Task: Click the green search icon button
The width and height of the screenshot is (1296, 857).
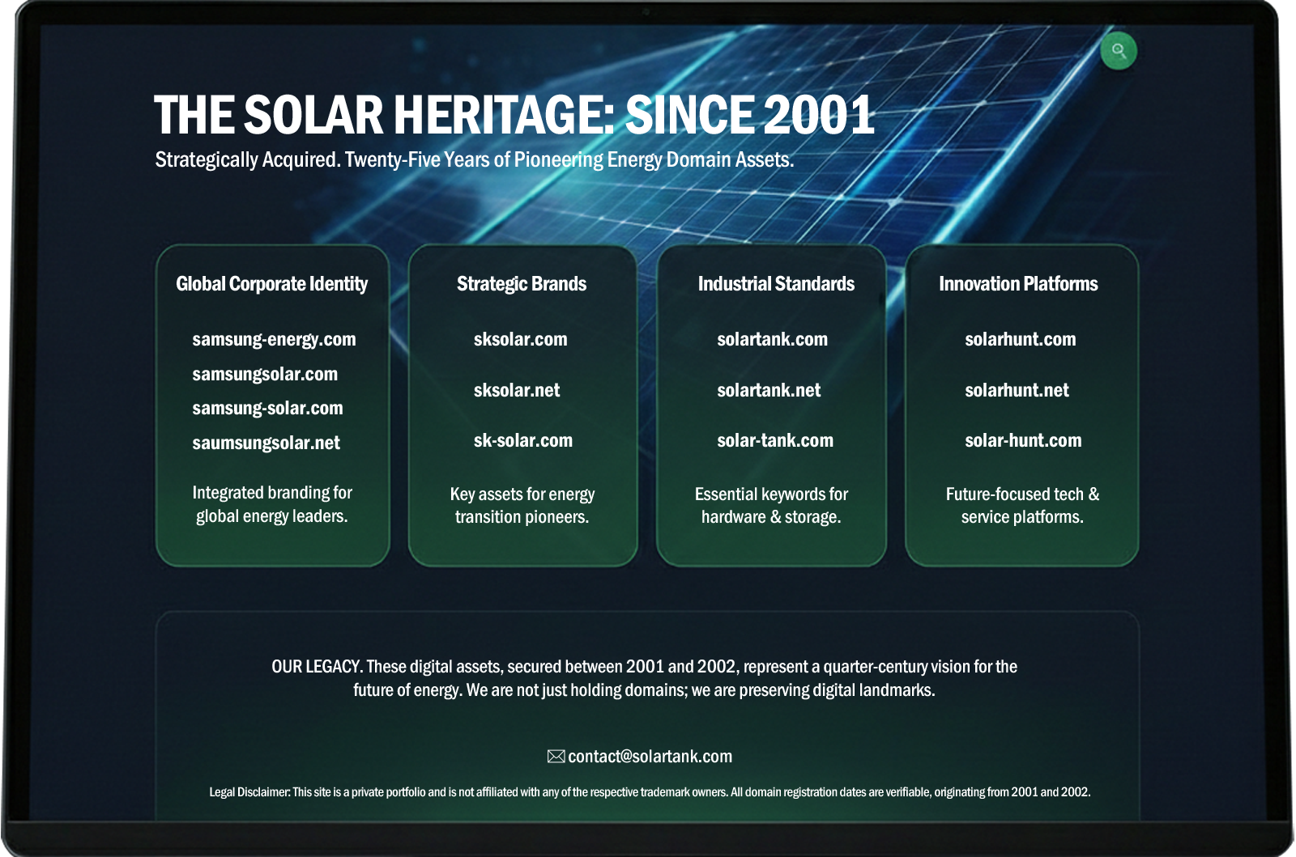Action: coord(1119,51)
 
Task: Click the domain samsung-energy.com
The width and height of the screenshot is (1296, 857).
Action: coord(274,339)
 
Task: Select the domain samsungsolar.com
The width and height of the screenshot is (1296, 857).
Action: coord(265,374)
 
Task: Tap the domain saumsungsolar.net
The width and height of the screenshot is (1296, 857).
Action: coord(266,443)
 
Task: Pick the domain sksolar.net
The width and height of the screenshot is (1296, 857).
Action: coord(517,390)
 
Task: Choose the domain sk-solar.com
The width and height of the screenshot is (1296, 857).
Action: coord(523,440)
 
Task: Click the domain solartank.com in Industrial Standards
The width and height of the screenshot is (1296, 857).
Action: coord(773,339)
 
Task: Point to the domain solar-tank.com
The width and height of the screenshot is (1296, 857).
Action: coord(775,440)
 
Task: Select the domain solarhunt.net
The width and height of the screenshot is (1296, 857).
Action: coord(1017,390)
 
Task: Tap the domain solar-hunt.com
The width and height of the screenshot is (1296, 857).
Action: coord(1023,440)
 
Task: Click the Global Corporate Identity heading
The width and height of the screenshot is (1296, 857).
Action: coord(271,284)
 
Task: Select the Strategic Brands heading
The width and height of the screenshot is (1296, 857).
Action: coord(522,284)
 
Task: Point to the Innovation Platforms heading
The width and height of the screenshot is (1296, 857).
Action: coord(1018,284)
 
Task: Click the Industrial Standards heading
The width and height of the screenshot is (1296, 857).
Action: coord(776,284)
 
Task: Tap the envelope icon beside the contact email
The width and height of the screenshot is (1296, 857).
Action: coord(556,756)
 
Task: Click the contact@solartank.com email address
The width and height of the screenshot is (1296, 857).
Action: coord(650,757)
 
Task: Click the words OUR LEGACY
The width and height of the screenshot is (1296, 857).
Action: coord(317,667)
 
